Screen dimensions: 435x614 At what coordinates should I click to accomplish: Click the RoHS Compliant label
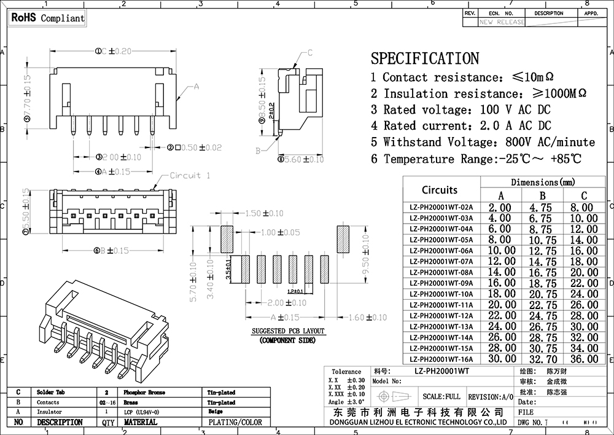(x=47, y=18)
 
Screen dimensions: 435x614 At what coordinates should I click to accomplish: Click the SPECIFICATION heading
(x=424, y=58)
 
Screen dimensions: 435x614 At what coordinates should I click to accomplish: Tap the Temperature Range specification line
(x=475, y=159)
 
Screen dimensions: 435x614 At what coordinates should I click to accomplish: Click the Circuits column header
(x=440, y=190)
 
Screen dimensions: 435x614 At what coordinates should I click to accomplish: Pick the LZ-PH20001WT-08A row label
(x=441, y=272)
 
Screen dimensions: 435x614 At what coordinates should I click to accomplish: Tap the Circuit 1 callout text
(x=190, y=176)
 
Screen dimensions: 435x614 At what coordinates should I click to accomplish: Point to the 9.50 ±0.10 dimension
(x=366, y=255)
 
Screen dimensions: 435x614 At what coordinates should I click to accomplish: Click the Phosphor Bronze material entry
(x=144, y=392)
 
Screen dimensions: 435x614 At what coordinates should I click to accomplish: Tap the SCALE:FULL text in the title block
(x=439, y=396)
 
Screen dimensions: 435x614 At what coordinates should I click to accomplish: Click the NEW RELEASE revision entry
(x=502, y=22)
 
